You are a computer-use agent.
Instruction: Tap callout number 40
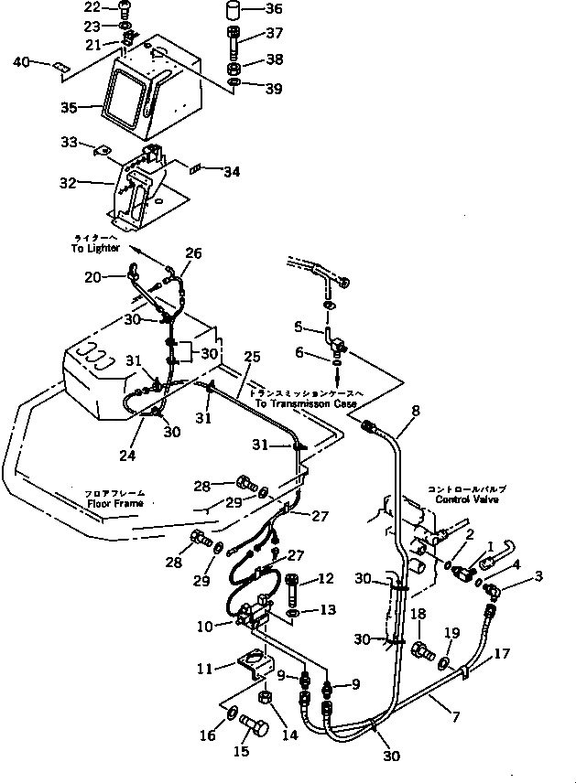pyautogui.click(x=19, y=61)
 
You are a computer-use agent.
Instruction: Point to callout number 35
pyautogui.click(x=68, y=107)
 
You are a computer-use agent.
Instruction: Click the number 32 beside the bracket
pyautogui.click(x=68, y=182)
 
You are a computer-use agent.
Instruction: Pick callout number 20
pyautogui.click(x=92, y=277)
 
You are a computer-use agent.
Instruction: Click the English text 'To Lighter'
pyautogui.click(x=95, y=248)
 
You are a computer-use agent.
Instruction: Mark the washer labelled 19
pyautogui.click(x=444, y=661)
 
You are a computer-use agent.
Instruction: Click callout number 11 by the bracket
pyautogui.click(x=204, y=669)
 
